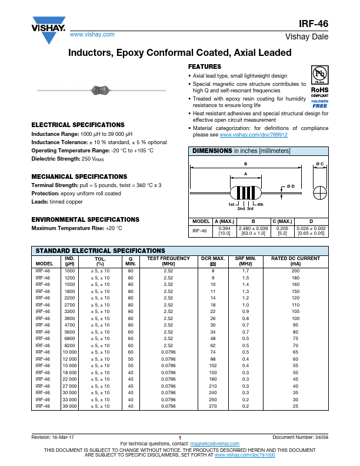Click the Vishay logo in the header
(x=44, y=29)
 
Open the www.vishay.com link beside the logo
(x=92, y=35)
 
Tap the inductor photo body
(x=101, y=90)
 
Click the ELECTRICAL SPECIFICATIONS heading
(x=78, y=125)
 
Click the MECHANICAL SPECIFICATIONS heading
(x=79, y=177)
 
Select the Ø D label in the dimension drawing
(x=291, y=187)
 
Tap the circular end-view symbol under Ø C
(x=319, y=193)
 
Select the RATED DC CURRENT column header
(x=295, y=258)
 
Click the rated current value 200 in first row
(x=295, y=271)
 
